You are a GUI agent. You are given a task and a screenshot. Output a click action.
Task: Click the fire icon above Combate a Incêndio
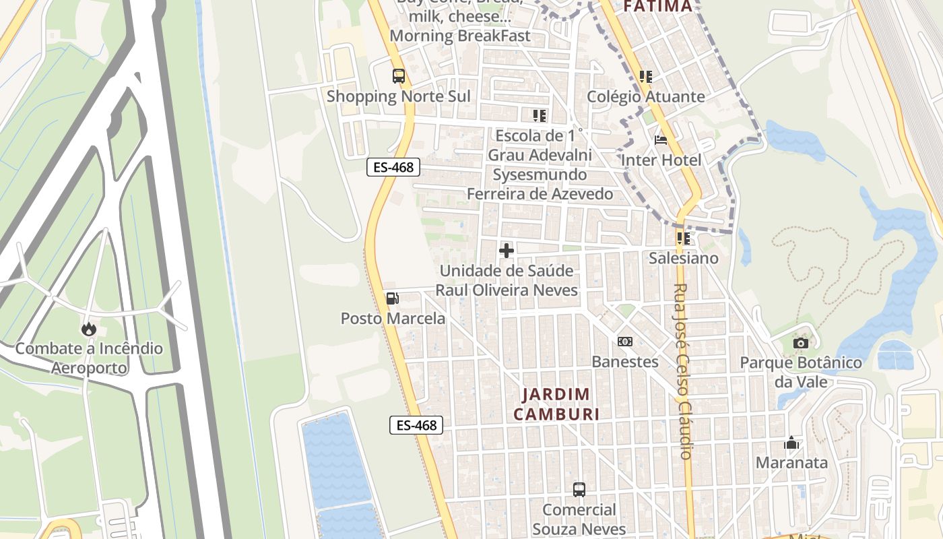tap(88, 329)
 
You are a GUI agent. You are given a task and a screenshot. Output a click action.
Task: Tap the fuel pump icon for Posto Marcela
tap(392, 298)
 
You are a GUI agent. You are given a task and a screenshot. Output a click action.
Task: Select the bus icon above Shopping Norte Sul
tap(399, 76)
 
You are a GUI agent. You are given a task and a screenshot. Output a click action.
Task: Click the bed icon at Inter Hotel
tap(661, 141)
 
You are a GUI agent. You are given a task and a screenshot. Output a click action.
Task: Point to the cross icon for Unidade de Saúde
tap(507, 251)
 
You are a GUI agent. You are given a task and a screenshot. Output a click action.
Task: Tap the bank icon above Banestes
tap(625, 342)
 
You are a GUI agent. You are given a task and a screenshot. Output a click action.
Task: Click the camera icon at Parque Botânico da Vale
tap(800, 343)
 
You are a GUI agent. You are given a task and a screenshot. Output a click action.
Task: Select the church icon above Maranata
tap(791, 443)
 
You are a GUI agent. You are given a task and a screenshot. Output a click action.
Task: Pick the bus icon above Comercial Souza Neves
tap(579, 490)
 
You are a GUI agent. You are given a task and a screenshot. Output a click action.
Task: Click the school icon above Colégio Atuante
tap(646, 77)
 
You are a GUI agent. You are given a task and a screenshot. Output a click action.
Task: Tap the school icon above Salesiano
tap(684, 238)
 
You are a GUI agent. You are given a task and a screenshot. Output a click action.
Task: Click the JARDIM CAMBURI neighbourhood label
tap(556, 404)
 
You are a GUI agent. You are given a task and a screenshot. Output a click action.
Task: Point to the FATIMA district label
tap(657, 7)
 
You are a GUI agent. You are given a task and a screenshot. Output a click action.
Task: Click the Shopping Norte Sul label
tap(399, 96)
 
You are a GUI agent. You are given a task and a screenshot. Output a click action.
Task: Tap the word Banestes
tap(625, 362)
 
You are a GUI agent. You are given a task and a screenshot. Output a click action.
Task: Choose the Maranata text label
tap(791, 463)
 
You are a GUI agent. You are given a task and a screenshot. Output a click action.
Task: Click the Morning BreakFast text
tap(460, 35)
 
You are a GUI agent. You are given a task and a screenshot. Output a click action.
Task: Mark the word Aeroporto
tap(89, 368)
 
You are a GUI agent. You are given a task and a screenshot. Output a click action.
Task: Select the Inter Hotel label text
tap(661, 160)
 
